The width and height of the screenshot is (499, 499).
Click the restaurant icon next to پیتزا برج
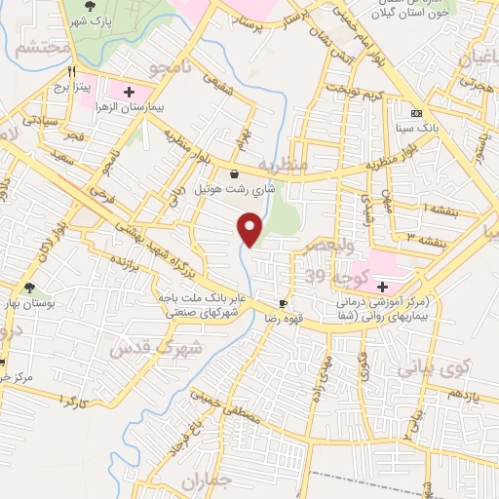pyautogui.click(x=72, y=72)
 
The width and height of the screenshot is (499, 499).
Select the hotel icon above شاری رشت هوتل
pyautogui.click(x=234, y=174)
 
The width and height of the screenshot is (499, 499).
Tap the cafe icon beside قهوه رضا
pyautogui.click(x=284, y=304)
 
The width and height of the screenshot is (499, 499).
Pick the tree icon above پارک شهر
pyautogui.click(x=90, y=5)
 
